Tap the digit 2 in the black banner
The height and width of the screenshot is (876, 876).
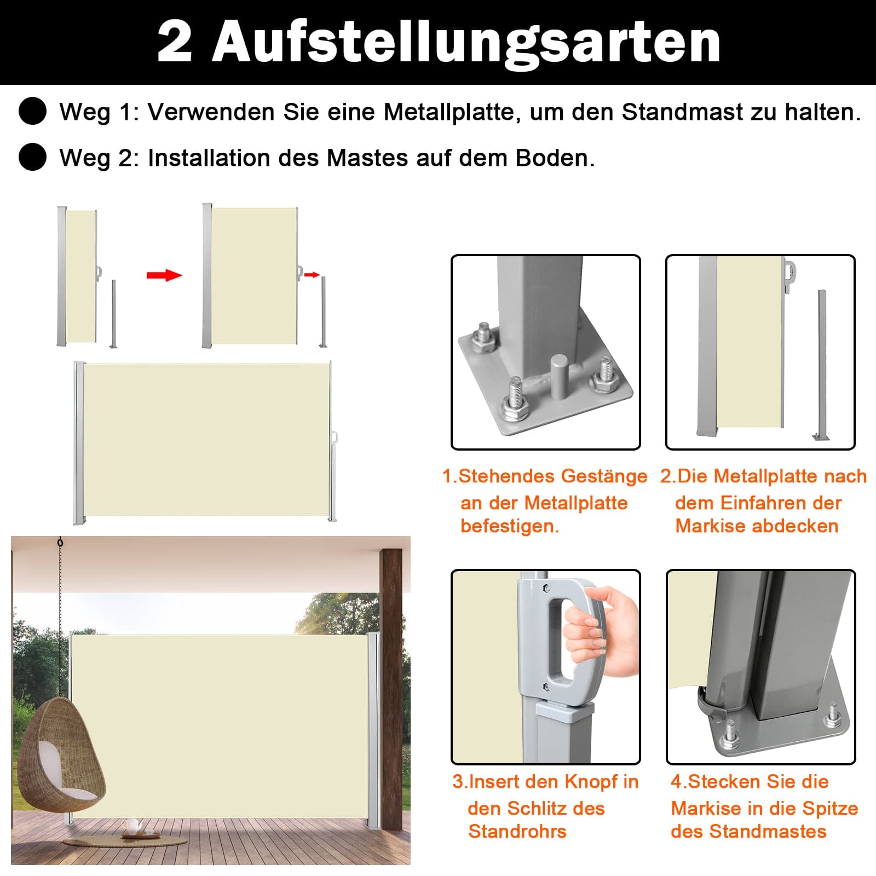[175, 42]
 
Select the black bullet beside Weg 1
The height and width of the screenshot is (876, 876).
[32, 111]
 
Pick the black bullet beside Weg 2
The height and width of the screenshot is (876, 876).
[32, 157]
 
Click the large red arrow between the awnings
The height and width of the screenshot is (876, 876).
[164, 275]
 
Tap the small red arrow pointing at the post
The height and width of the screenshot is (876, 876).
[312, 274]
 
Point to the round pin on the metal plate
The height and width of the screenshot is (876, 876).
[559, 377]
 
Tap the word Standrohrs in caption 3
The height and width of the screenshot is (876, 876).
[517, 832]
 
